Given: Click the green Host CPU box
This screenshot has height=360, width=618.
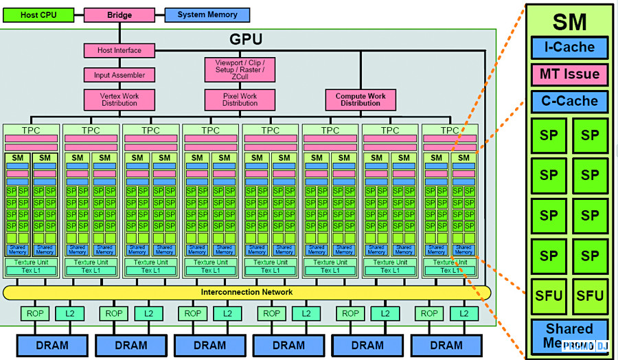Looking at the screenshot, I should click(x=39, y=15).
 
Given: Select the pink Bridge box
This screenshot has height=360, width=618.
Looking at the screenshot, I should click(x=119, y=15).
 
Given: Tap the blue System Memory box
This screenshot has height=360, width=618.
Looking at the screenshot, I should click(x=207, y=15).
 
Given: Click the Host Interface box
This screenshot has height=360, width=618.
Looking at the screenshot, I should click(x=119, y=50).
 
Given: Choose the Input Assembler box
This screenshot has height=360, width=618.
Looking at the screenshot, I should click(x=119, y=75).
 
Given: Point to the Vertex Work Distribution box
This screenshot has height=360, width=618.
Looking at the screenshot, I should click(x=119, y=100).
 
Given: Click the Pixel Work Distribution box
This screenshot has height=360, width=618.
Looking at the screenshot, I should click(x=240, y=100).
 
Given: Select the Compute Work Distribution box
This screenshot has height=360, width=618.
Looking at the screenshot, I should click(x=360, y=100).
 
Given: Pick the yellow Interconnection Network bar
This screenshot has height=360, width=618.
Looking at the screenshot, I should click(x=247, y=292).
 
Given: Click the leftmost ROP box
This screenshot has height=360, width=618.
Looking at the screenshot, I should click(x=35, y=314).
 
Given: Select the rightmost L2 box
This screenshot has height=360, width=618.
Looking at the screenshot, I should click(x=464, y=314).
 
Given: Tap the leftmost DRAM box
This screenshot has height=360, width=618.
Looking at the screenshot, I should click(x=52, y=345).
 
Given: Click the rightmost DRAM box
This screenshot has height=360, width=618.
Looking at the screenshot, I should click(x=446, y=345).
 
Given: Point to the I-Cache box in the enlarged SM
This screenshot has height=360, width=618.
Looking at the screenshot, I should click(x=569, y=47).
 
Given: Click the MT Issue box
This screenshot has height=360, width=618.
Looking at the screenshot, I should click(x=569, y=74).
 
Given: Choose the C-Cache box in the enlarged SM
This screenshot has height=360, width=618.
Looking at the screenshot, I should click(x=569, y=101).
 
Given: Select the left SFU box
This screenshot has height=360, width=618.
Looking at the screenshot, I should click(x=549, y=296).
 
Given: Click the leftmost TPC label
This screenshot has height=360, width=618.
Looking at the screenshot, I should click(x=32, y=130).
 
